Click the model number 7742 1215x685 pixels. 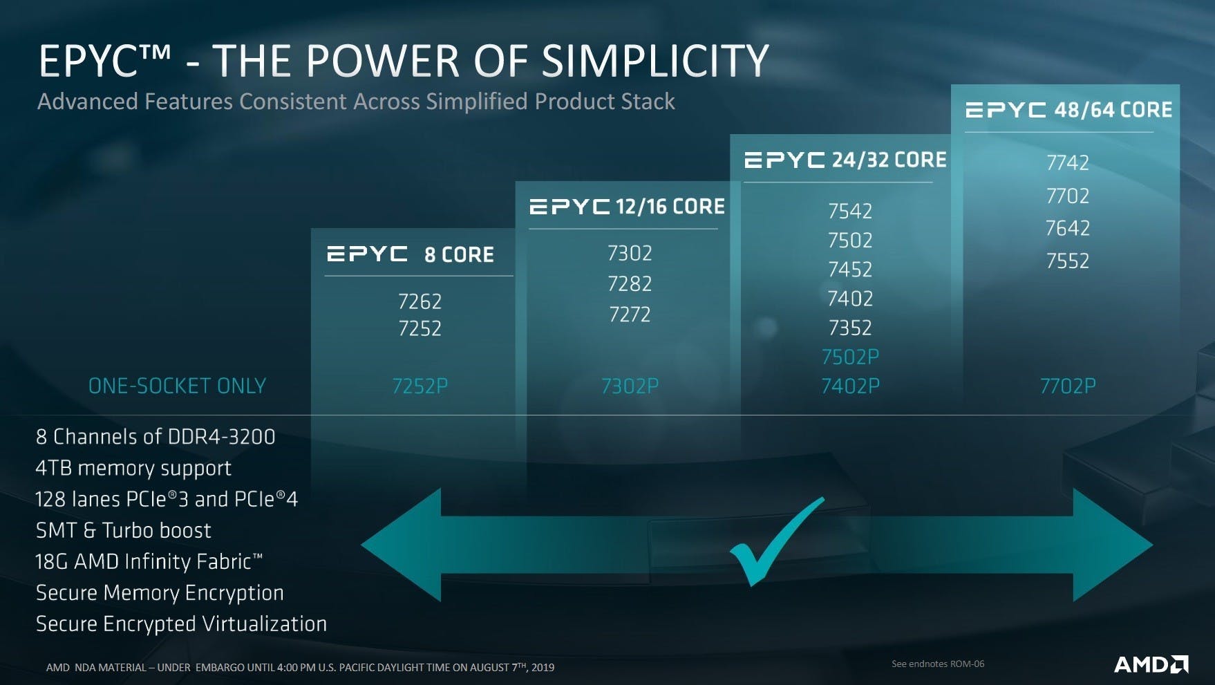point(1067,162)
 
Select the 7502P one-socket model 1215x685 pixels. point(850,357)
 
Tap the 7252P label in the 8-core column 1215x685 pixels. point(420,386)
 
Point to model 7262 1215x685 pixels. point(420,301)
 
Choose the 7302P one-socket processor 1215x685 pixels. point(630,386)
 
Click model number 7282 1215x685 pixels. point(630,283)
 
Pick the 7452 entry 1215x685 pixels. point(850,269)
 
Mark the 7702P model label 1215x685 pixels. point(1068,386)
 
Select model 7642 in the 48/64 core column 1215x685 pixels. point(1067,228)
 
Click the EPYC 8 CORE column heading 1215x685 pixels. point(411,254)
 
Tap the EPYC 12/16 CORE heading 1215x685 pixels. point(627,206)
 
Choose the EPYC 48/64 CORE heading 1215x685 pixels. point(1068,110)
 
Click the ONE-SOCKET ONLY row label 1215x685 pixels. point(177,386)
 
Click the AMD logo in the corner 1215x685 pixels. point(1151,664)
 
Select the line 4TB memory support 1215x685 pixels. point(133,469)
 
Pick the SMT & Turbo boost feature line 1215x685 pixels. point(123,530)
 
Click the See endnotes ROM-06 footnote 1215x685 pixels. point(938,664)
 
